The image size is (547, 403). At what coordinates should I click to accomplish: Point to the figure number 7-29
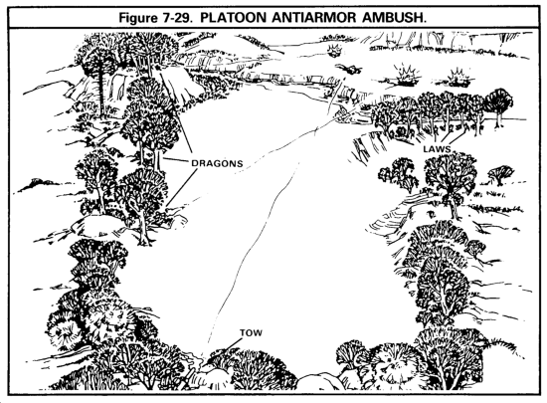177,18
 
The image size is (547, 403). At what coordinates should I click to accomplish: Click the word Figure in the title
138,18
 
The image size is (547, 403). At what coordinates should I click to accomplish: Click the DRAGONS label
217,163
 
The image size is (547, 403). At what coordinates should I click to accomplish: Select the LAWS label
437,149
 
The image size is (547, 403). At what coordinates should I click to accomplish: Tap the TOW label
251,333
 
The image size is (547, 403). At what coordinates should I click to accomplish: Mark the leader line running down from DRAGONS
182,187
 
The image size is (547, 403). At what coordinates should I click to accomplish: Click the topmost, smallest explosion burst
334,51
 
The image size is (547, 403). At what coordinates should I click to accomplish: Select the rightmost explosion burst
457,79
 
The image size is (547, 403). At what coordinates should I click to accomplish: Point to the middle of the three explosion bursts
406,76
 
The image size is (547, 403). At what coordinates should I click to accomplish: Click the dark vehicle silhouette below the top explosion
349,69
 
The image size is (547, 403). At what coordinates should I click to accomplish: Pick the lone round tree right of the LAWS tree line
499,103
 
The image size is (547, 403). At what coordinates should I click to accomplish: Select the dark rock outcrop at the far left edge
37,184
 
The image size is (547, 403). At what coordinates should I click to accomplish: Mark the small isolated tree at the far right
500,174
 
